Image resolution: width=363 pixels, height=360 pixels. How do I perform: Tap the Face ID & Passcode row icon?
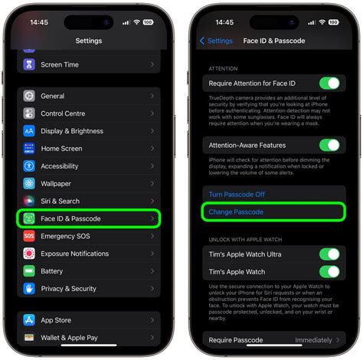point(29,219)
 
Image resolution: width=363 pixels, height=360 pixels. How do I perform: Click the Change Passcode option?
point(236,211)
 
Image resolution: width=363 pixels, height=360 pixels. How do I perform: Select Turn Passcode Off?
point(237,195)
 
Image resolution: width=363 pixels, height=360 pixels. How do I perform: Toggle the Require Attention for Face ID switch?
point(329,83)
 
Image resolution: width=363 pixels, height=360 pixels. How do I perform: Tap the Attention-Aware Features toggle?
point(329,146)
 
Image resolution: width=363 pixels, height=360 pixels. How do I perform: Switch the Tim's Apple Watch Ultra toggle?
point(329,254)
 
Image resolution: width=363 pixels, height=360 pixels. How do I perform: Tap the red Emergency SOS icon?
point(29,236)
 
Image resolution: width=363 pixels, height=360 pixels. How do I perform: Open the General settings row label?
point(53,97)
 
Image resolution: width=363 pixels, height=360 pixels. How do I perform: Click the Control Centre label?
point(63,113)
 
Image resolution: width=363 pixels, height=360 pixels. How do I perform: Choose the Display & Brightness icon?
point(29,131)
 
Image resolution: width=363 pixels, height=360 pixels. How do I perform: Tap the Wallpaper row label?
point(56,184)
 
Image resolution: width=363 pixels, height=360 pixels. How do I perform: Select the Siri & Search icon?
point(29,201)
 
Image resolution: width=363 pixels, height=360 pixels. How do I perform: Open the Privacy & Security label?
point(68,289)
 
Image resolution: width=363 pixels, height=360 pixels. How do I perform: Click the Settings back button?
point(216,41)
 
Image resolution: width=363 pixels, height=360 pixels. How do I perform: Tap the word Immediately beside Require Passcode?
point(314,339)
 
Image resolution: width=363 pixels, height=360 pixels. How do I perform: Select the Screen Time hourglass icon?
point(29,65)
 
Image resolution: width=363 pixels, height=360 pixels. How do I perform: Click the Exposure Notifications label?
point(74,254)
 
